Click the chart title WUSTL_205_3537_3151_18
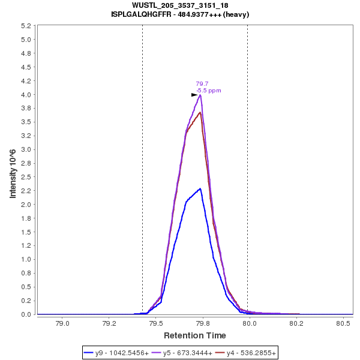click(x=180, y=5)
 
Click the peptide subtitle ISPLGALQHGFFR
click(x=180, y=14)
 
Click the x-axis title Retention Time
click(x=195, y=335)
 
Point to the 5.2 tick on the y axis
click(x=26, y=26)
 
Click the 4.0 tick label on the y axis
click(x=26, y=95)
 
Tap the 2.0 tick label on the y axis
click(x=26, y=205)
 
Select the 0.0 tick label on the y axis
click(x=26, y=314)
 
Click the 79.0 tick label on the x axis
click(x=62, y=323)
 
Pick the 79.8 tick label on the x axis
click(x=203, y=323)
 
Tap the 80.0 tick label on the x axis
click(x=250, y=323)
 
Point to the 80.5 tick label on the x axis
click(x=343, y=323)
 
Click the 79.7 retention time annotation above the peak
click(x=202, y=84)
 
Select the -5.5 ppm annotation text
click(x=209, y=91)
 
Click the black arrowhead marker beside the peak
click(x=194, y=95)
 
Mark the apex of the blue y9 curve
click(x=200, y=188)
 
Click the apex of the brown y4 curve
click(x=200, y=112)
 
